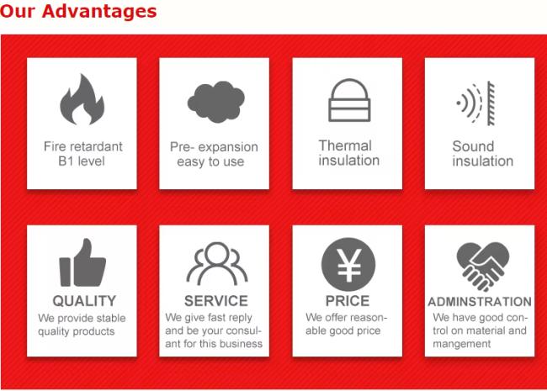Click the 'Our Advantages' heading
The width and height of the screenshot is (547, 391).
click(x=78, y=11)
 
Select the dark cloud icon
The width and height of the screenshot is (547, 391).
click(x=216, y=102)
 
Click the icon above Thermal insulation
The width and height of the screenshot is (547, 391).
click(x=349, y=100)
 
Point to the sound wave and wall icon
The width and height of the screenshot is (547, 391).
click(x=476, y=103)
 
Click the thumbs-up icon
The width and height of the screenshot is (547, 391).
click(x=82, y=262)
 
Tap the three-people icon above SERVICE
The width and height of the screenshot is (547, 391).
click(x=217, y=263)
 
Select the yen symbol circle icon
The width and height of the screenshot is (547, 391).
click(x=348, y=265)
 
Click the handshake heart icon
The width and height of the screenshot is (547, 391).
click(x=483, y=267)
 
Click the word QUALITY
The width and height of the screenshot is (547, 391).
click(x=84, y=301)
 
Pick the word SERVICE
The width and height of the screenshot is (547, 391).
click(x=216, y=301)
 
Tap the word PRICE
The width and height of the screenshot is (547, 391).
click(x=348, y=301)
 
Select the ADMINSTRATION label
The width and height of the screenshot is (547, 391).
click(x=480, y=301)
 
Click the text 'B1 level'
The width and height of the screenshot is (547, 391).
click(x=82, y=161)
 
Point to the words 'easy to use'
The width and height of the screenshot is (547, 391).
click(x=210, y=161)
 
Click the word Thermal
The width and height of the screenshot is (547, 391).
click(x=345, y=145)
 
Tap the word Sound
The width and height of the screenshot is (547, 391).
click(x=473, y=146)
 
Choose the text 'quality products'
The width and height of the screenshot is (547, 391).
click(x=77, y=331)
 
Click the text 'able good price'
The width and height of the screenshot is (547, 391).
click(x=343, y=330)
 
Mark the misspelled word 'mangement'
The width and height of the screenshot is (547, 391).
click(x=461, y=344)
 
